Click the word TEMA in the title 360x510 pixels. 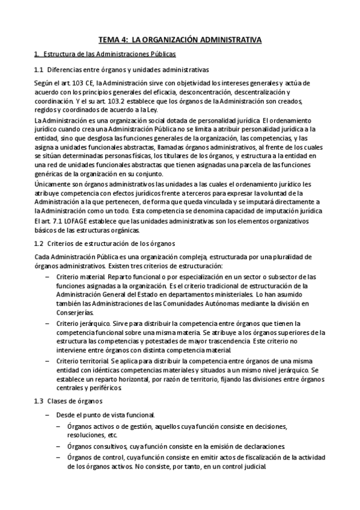[110, 40]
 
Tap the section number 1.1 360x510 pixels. [40, 69]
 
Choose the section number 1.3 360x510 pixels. [40, 401]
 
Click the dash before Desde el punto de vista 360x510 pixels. [47, 415]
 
